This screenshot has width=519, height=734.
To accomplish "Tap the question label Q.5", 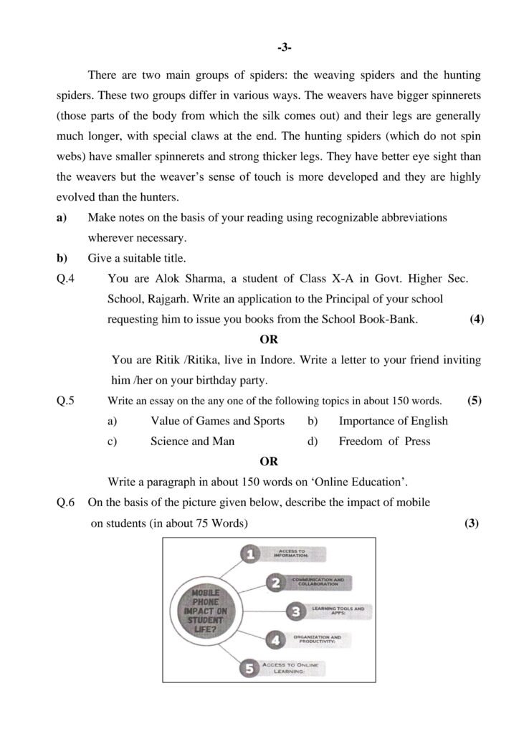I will tap(66, 401).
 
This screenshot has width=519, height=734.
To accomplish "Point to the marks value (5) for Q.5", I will tap(474, 401).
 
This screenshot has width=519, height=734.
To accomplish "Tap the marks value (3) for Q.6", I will tap(471, 523).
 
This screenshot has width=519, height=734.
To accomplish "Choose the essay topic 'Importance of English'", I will tap(393, 421).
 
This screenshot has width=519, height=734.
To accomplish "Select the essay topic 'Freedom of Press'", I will tap(384, 442).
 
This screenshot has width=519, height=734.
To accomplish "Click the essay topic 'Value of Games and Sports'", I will tap(217, 421).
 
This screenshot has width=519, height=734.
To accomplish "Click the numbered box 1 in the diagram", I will tap(248, 554).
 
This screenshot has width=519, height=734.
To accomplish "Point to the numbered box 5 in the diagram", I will tap(249, 669).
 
